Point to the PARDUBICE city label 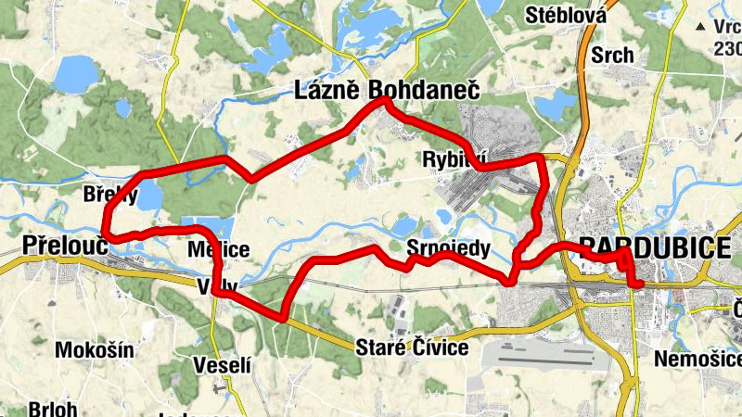tap(653, 246)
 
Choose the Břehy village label tap(109, 196)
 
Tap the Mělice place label tap(218, 249)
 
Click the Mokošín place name tap(95, 349)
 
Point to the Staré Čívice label tap(412, 348)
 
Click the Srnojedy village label tap(448, 248)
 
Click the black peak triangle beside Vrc tap(704, 27)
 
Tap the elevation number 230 tap(727, 48)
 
